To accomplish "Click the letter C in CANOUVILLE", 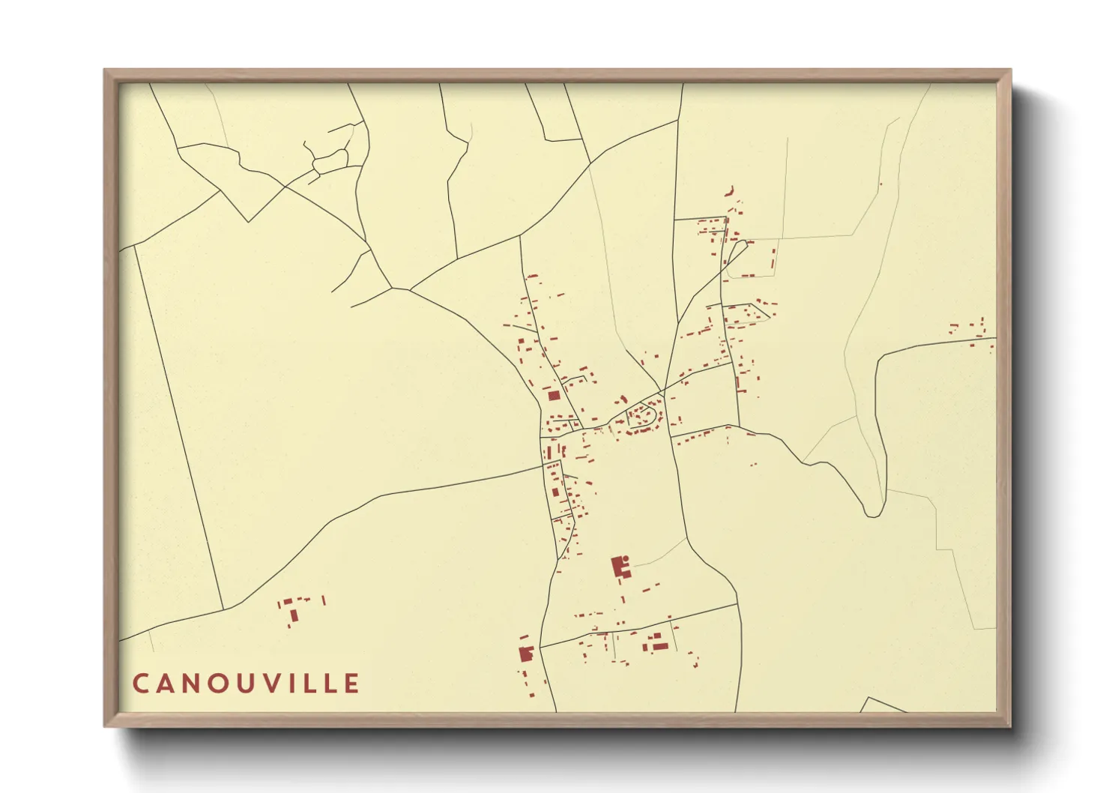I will point(140,684).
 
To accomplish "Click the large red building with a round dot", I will point(619,565).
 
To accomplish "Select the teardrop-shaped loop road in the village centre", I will point(644,415).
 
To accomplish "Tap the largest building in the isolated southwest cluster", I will point(294,615).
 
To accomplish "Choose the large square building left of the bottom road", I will point(525,654).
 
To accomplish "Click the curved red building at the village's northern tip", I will point(728,192).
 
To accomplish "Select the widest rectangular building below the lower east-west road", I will point(659,645).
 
